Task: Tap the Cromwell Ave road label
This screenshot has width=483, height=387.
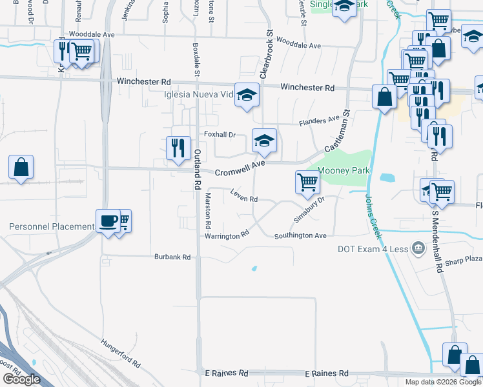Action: pyautogui.click(x=240, y=170)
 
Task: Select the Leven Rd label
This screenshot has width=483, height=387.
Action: pyautogui.click(x=245, y=198)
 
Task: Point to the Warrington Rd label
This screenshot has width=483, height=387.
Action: pyautogui.click(x=227, y=235)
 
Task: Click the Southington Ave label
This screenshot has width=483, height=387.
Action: pyautogui.click(x=300, y=236)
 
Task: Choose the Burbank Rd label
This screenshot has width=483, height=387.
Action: pyautogui.click(x=172, y=257)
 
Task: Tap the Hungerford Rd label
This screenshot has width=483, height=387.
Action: pyautogui.click(x=121, y=353)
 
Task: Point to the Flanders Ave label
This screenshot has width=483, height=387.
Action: pyautogui.click(x=319, y=121)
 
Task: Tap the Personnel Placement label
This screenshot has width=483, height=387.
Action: pyautogui.click(x=52, y=226)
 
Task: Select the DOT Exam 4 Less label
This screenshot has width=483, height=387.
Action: pyautogui.click(x=374, y=249)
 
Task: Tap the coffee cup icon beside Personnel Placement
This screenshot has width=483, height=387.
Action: pyautogui.click(x=108, y=221)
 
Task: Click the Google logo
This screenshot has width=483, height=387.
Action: pyautogui.click(x=21, y=379)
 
